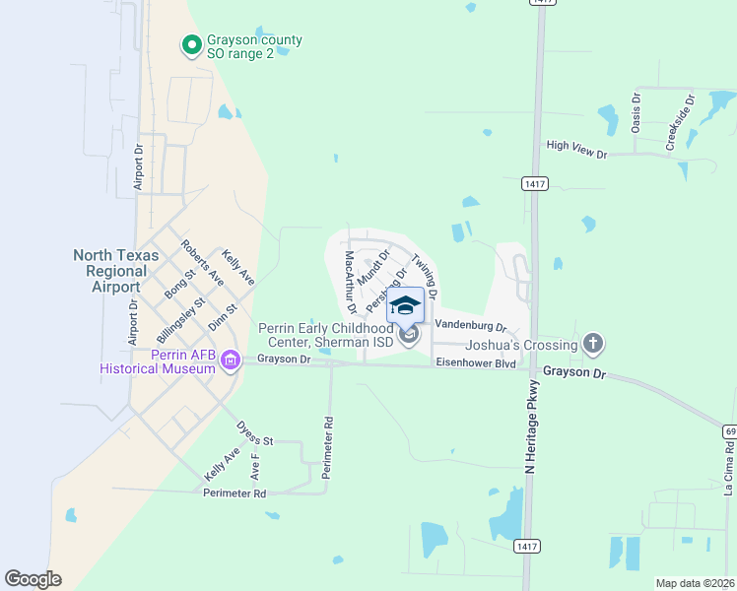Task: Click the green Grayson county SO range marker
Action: point(190,45)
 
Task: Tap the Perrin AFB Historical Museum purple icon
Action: point(231,361)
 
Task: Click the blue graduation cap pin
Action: point(406,304)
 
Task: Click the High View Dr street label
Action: point(576,150)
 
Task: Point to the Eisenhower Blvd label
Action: point(476,363)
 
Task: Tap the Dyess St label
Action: point(254,433)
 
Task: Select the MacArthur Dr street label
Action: point(349,282)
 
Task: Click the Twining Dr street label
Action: point(425,276)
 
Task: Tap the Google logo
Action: point(33,579)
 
